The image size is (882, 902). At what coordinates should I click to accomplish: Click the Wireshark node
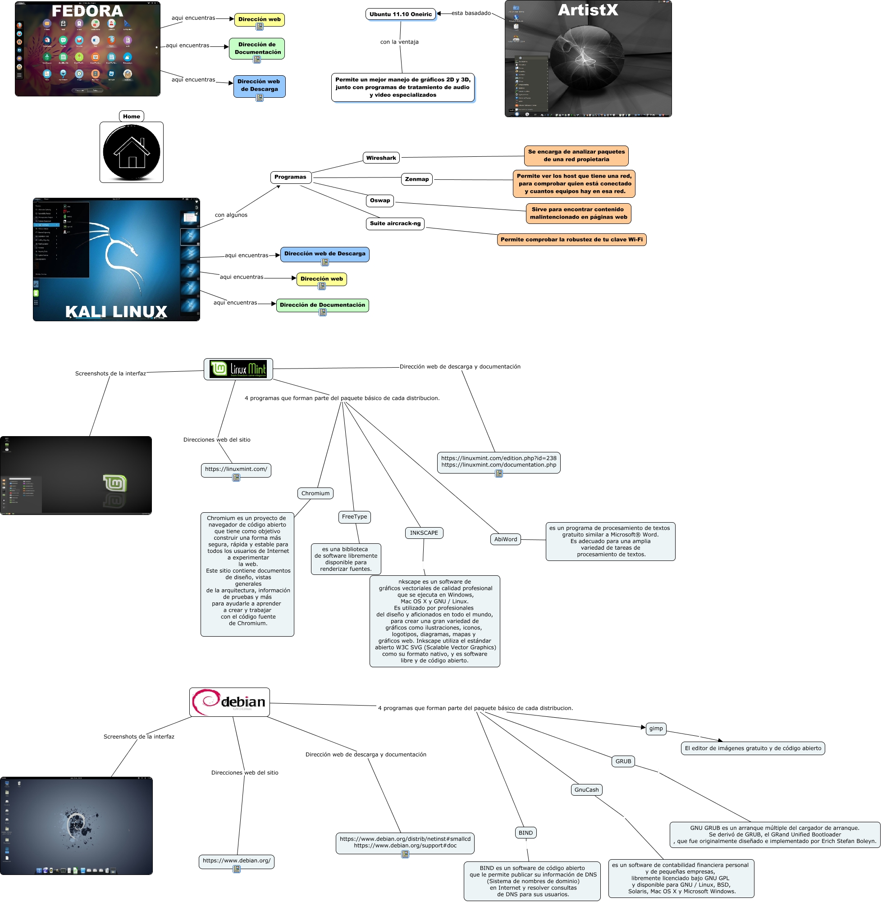[381, 158]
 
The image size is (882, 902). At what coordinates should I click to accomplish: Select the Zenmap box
[416, 179]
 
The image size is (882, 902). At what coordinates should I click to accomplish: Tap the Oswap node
[380, 200]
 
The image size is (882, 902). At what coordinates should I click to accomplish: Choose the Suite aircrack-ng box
[395, 223]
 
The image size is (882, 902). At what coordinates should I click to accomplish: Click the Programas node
[290, 177]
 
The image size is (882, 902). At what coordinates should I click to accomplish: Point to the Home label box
[132, 116]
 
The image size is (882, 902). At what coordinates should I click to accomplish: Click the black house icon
[132, 152]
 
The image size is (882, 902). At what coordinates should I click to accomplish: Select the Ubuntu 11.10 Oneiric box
[400, 14]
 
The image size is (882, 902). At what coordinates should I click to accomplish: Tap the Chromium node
[315, 493]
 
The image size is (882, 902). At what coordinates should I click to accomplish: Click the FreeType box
[354, 517]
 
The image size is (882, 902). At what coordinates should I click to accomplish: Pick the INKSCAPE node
[424, 533]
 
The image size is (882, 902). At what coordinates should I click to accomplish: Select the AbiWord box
[505, 539]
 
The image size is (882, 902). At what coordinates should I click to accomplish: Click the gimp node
[656, 729]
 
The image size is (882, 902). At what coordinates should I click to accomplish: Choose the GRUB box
[623, 761]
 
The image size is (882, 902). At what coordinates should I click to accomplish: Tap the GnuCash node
[586, 790]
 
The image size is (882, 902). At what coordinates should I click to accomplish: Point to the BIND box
[526, 833]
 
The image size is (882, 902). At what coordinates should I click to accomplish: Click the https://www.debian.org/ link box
[237, 861]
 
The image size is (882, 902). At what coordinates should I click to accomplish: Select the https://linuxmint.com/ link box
[236, 469]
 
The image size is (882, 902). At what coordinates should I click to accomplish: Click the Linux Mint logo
[238, 369]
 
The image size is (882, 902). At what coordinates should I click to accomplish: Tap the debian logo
[229, 702]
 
